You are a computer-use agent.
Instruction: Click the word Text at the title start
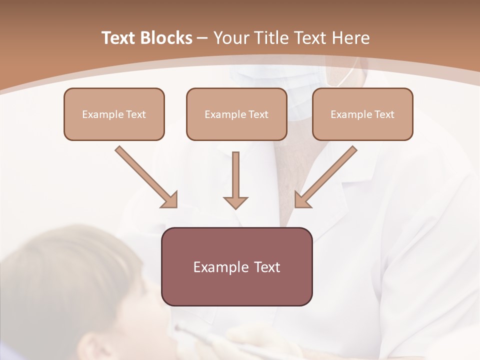click(119, 38)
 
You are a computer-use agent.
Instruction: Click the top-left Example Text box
click(114, 114)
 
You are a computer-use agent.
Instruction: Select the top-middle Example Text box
click(236, 114)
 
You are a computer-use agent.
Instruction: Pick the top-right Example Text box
click(362, 114)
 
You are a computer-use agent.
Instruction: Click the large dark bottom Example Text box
click(237, 266)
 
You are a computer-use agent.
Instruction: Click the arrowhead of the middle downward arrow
click(235, 203)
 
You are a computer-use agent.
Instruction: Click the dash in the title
click(202, 38)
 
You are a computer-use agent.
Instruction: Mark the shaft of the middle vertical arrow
click(235, 172)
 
